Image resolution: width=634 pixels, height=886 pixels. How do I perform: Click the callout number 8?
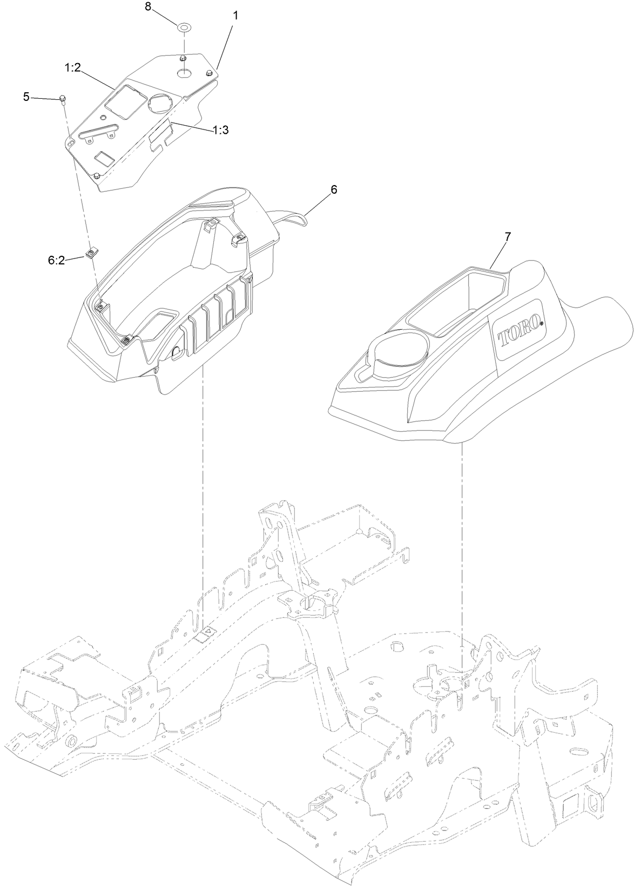click(148, 7)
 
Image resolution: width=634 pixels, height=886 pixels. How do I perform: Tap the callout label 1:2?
click(73, 69)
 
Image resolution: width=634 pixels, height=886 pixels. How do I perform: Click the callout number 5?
click(26, 97)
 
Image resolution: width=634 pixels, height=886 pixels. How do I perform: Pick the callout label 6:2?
click(56, 260)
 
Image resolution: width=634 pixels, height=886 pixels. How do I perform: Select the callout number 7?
click(507, 236)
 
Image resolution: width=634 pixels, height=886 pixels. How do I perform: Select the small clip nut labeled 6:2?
click(91, 253)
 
